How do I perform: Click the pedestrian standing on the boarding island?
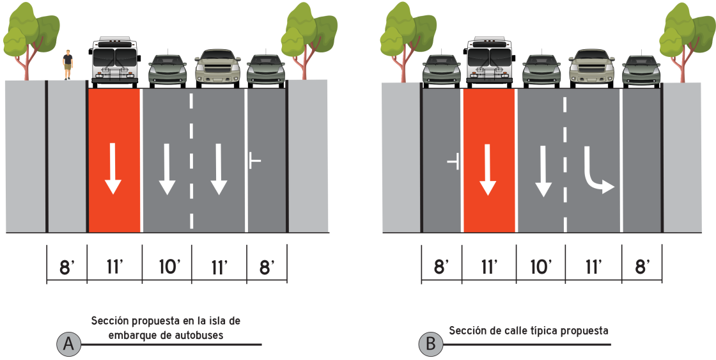tap(68, 65)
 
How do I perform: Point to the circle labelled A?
tap(68, 344)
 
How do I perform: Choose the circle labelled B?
tap(431, 344)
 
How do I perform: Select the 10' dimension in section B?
tap(541, 267)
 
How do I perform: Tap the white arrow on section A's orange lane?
tap(113, 169)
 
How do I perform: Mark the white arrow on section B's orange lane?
tap(488, 169)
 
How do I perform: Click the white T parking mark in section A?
tap(255, 160)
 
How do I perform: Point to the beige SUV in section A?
tap(218, 68)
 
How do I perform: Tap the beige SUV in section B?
tap(592, 68)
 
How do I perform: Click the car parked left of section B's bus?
tap(442, 71)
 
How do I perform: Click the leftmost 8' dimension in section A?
tap(66, 267)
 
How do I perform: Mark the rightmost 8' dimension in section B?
tap(642, 267)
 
